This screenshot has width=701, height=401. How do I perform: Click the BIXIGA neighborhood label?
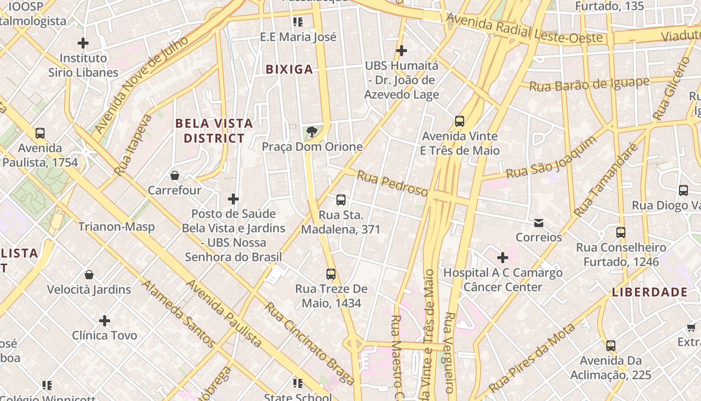tap(289, 69)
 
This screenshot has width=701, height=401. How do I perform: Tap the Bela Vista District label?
tap(214, 130)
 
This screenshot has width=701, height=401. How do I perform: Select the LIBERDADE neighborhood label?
tap(649, 292)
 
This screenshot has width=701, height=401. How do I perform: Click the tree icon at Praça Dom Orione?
tap(312, 132)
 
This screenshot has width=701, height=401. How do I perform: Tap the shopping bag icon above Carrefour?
tap(175, 175)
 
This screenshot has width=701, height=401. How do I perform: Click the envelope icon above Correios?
tap(539, 223)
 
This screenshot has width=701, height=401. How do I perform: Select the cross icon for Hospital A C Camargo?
tap(503, 258)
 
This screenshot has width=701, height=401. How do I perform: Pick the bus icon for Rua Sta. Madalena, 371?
tap(341, 200)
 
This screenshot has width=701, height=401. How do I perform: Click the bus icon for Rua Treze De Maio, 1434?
tap(331, 274)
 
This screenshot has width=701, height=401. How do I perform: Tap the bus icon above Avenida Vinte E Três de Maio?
tap(460, 121)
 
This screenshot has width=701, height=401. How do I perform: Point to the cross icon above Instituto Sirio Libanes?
tap(83, 43)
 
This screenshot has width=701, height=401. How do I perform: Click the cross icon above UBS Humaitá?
tap(401, 51)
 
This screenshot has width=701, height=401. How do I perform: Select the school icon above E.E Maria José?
tap(298, 22)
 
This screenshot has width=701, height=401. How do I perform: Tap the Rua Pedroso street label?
tap(392, 183)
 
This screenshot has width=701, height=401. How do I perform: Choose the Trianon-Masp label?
tap(116, 227)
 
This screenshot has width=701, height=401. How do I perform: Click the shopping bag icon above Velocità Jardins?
tap(89, 275)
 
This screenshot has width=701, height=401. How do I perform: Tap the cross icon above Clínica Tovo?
tap(105, 321)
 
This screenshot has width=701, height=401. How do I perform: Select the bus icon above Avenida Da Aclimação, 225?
tap(610, 346)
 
